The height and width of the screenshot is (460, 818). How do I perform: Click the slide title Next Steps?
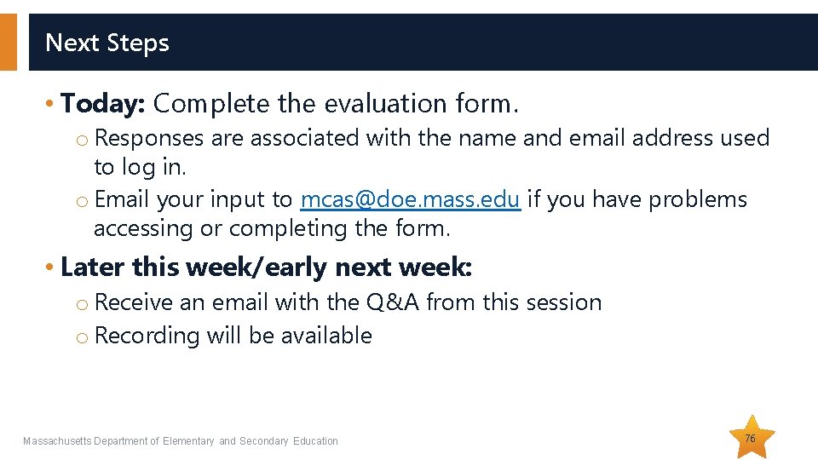tap(107, 43)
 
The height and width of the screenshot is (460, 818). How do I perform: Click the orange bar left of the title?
tap(9, 42)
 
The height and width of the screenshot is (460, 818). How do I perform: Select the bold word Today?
tap(104, 104)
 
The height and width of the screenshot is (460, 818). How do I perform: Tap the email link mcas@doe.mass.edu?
tap(410, 200)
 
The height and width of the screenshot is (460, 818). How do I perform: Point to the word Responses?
tap(149, 138)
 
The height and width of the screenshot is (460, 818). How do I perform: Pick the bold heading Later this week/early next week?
tap(266, 267)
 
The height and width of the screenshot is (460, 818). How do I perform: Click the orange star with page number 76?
tap(751, 438)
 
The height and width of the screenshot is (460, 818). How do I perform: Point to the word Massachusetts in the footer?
tap(57, 441)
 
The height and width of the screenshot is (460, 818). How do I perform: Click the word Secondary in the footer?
tap(264, 441)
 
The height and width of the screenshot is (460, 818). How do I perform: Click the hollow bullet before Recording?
tap(82, 337)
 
